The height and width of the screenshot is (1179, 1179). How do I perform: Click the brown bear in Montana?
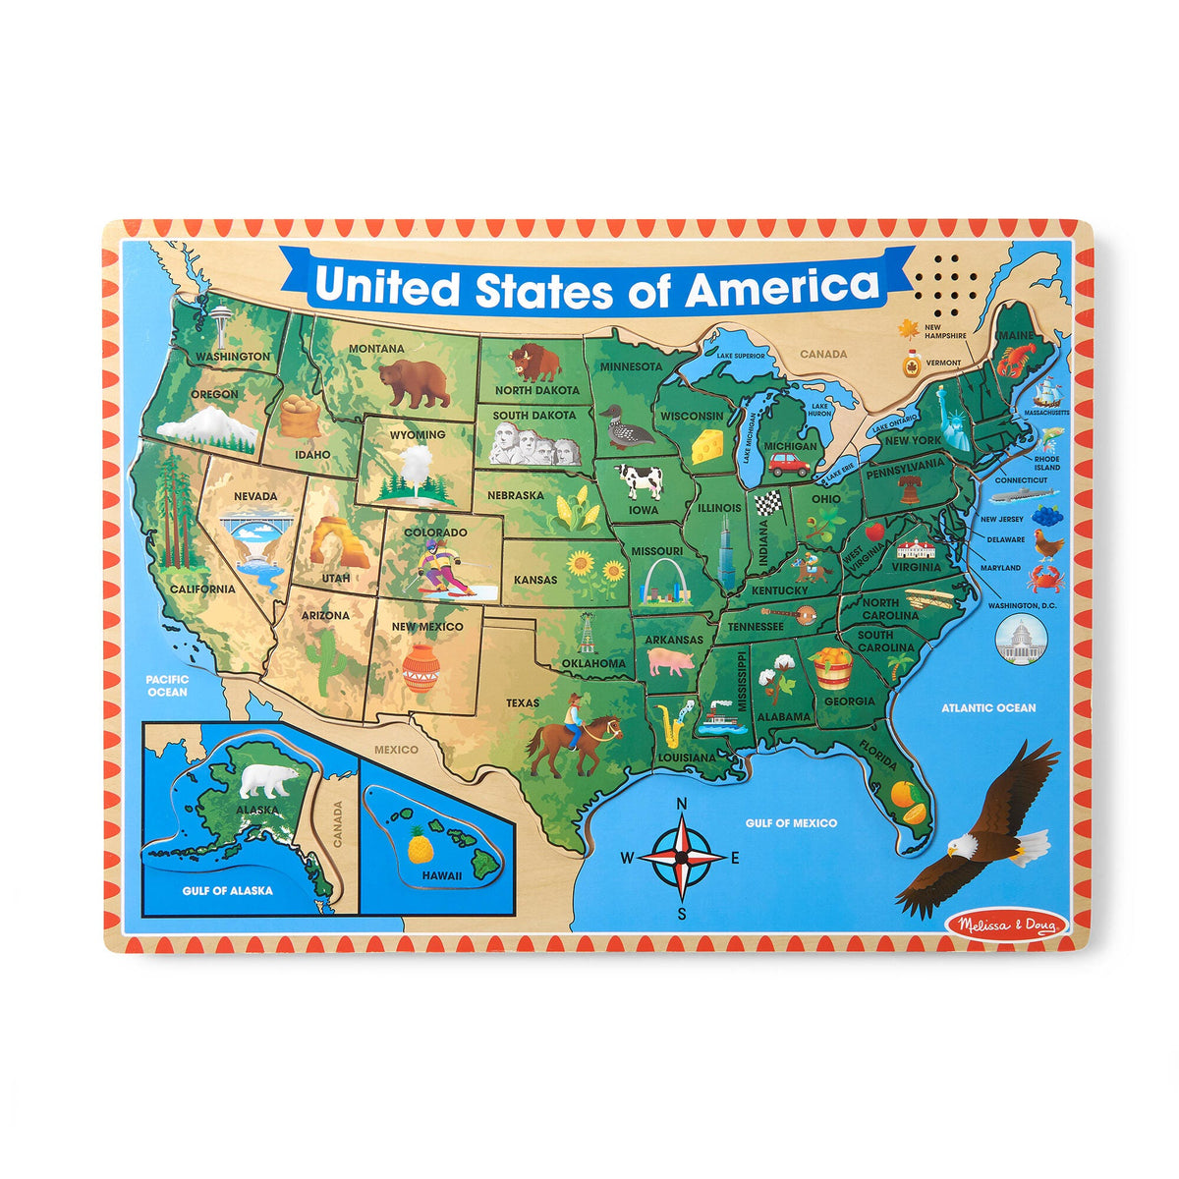pos(415,382)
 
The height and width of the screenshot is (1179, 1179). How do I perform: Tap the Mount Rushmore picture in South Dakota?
pos(535,448)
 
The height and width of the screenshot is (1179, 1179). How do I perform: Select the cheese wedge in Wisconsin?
pos(706,447)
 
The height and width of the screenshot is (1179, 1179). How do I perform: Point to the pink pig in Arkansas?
pos(671,662)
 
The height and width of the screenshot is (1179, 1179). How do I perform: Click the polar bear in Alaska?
pos(269,780)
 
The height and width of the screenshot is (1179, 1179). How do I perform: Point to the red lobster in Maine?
pos(1017,358)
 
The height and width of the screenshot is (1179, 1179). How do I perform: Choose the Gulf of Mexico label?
pos(790,822)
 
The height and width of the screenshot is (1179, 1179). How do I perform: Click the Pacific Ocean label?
pos(166,685)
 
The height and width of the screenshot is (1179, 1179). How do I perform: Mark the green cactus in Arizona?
pos(323,651)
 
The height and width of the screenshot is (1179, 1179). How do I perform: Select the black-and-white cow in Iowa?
pos(640,481)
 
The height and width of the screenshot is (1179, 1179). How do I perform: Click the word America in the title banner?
pos(782,287)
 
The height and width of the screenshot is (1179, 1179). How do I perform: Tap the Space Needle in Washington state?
pos(221,321)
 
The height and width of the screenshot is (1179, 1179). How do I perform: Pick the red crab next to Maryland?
pos(1044,579)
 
